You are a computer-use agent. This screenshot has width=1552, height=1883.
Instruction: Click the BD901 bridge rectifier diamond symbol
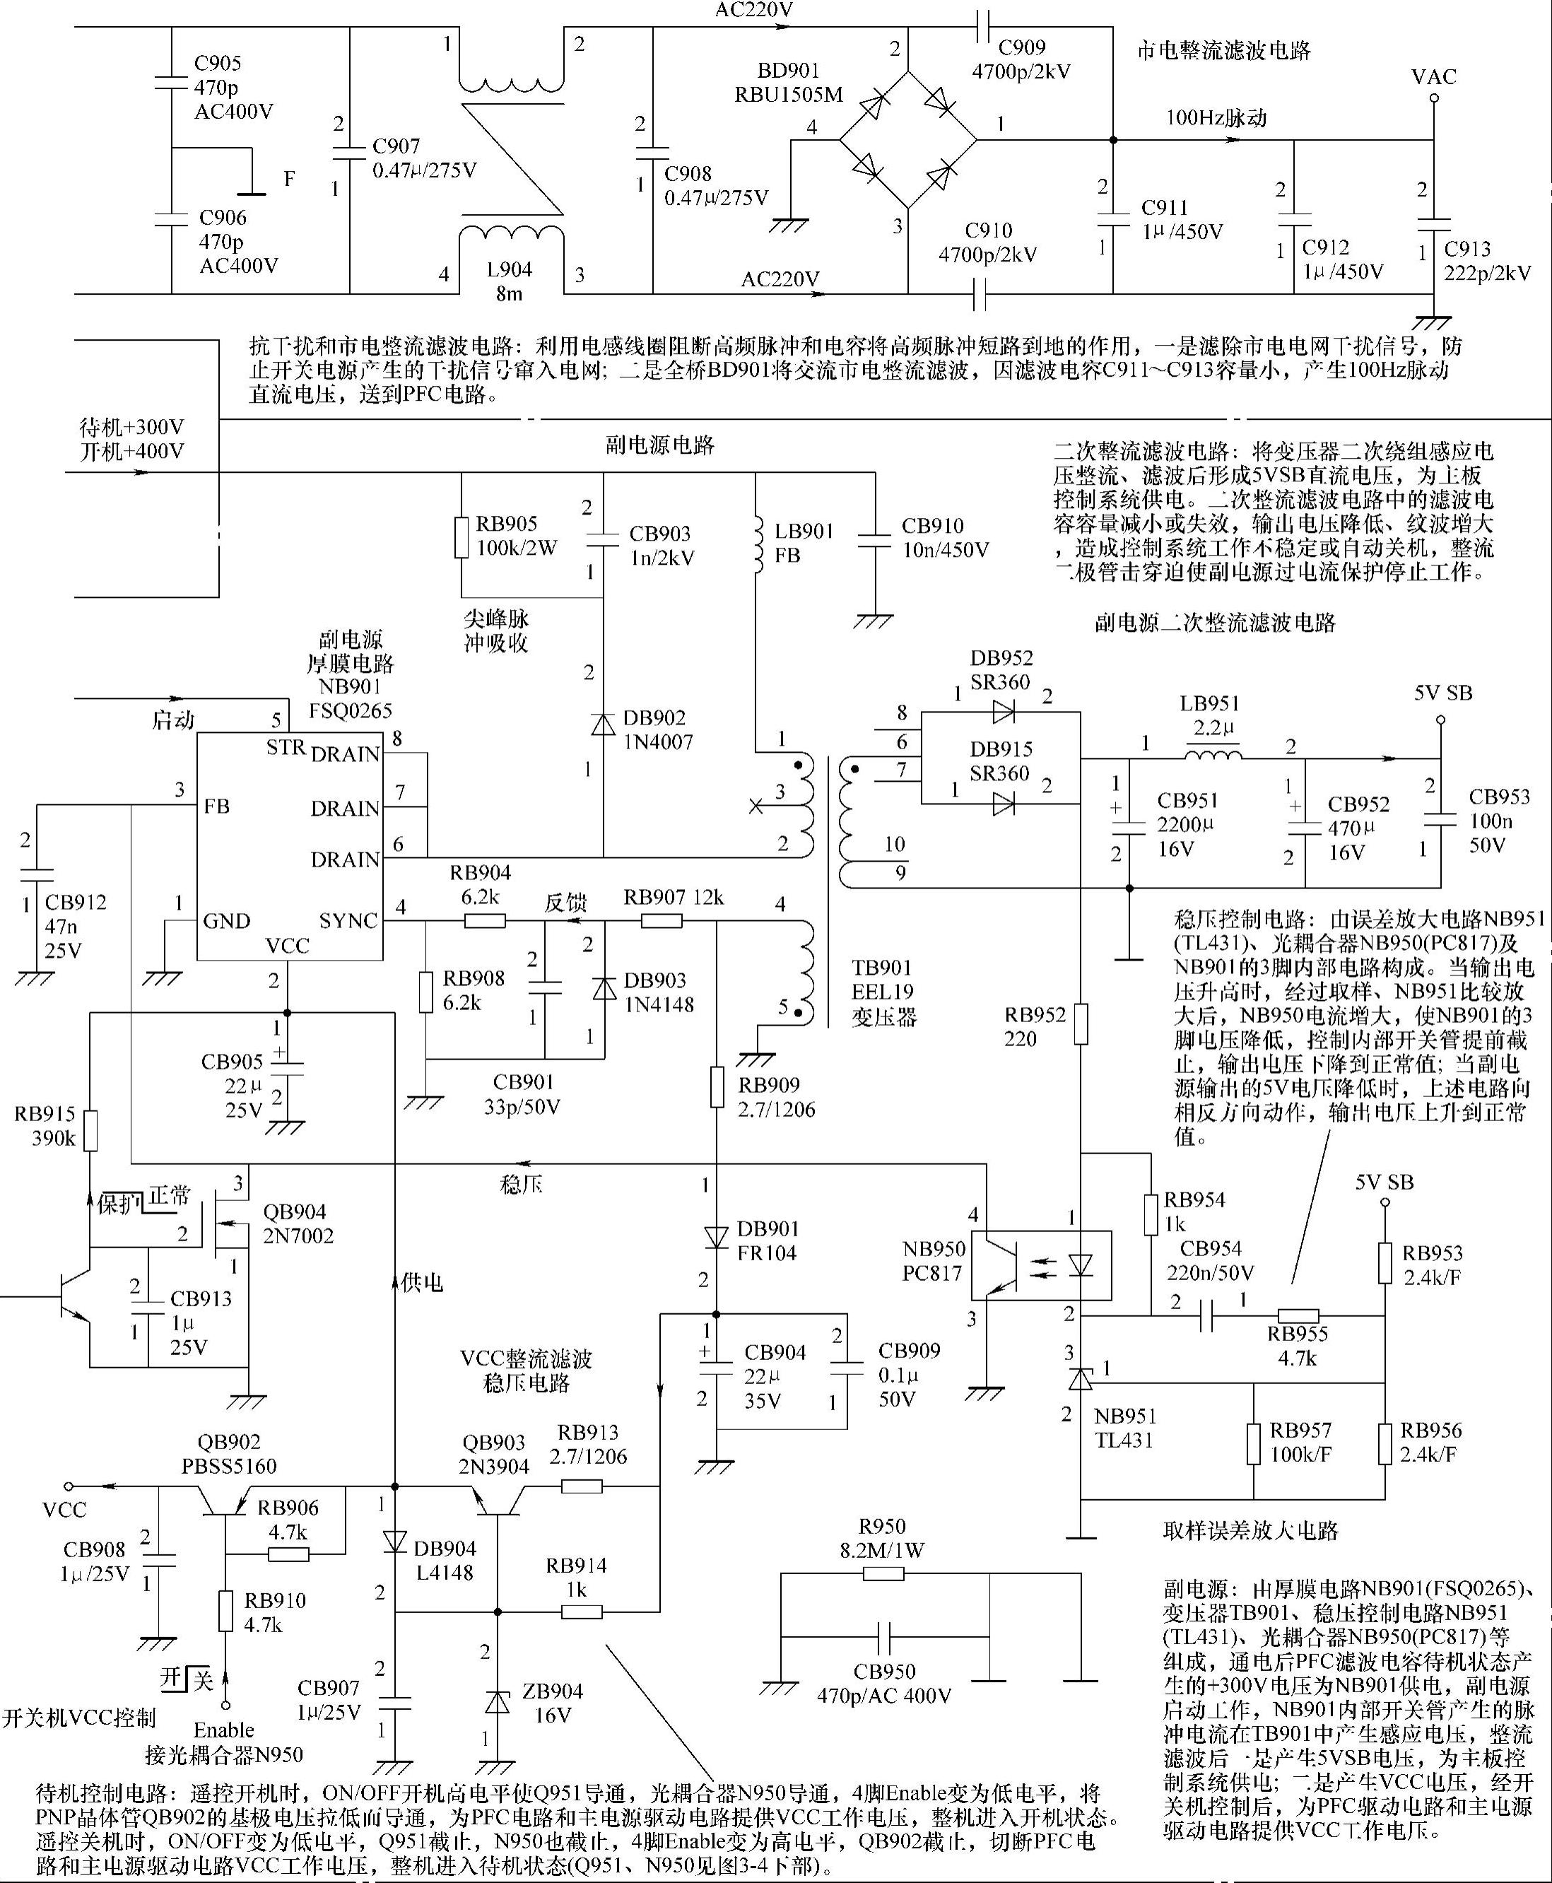click(908, 141)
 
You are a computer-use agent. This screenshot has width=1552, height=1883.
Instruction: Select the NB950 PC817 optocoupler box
click(1042, 1265)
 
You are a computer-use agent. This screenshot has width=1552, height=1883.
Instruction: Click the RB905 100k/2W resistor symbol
click(462, 536)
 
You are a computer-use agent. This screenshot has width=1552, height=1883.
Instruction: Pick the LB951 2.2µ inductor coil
click(1213, 756)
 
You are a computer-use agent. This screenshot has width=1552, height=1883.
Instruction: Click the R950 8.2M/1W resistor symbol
click(883, 1573)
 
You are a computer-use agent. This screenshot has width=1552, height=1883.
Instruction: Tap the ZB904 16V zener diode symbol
click(496, 1703)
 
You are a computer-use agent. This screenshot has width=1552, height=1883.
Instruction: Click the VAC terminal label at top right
click(1434, 77)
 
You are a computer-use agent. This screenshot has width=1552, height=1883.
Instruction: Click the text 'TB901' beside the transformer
click(881, 968)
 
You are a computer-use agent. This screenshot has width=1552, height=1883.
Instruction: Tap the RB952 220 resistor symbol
click(1081, 1023)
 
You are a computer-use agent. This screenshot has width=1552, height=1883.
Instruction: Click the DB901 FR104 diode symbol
click(716, 1238)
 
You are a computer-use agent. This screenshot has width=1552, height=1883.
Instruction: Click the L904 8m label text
click(509, 281)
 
